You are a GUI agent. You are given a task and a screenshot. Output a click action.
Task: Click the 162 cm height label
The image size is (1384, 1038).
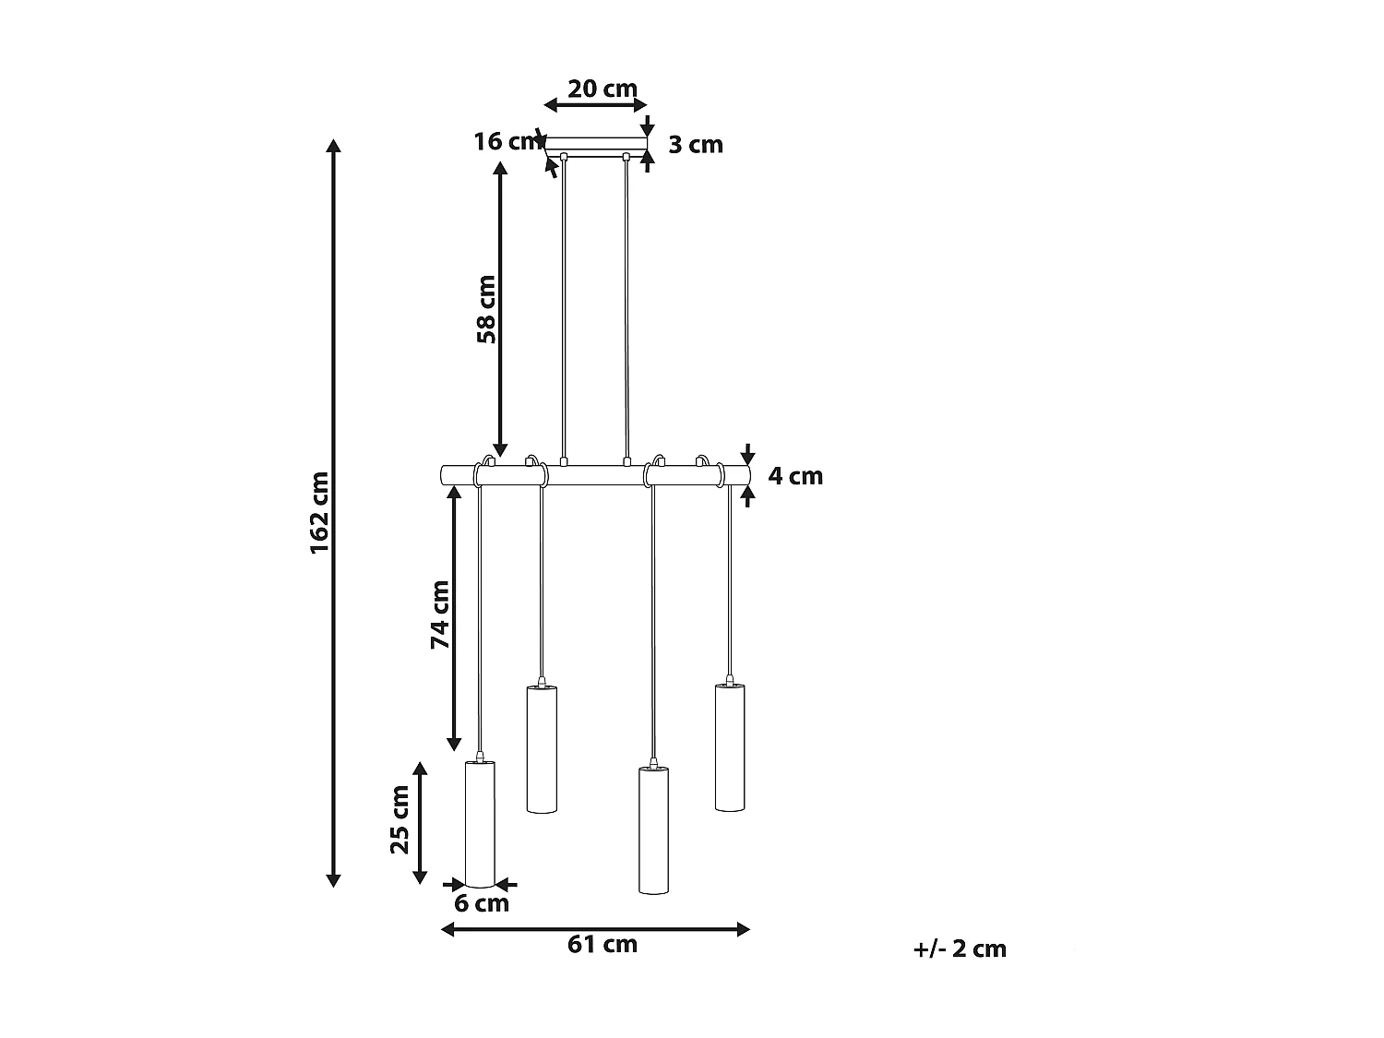point(319,512)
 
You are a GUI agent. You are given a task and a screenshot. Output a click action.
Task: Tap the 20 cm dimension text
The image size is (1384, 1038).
point(603,89)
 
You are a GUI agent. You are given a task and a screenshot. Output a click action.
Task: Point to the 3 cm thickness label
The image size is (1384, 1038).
point(696,145)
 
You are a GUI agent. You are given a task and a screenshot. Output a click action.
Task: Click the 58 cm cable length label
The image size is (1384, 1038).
point(487,309)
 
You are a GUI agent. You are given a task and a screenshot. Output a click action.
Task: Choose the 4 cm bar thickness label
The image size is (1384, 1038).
point(795,476)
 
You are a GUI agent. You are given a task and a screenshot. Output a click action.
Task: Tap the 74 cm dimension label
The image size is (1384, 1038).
point(440,614)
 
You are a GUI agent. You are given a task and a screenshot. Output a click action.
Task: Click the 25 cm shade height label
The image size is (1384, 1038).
point(400,819)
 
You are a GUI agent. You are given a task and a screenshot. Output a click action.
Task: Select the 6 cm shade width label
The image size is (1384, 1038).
point(481,903)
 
